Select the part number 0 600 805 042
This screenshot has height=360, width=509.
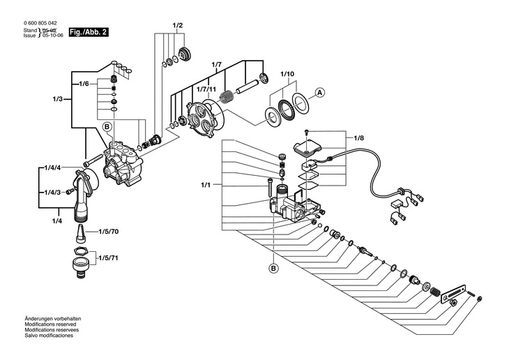(40, 23)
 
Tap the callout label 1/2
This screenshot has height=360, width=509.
(177, 26)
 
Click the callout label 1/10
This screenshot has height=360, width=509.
(287, 73)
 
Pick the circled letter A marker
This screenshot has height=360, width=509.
(319, 92)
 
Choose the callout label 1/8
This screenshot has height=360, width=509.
(359, 138)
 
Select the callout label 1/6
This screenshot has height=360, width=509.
(84, 84)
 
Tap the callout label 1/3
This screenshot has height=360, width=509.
(57, 99)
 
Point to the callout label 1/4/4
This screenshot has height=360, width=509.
(53, 168)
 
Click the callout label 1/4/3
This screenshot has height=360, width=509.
(53, 192)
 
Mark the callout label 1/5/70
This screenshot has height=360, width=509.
(108, 231)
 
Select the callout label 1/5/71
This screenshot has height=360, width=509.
(109, 257)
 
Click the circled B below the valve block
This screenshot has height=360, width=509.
(273, 268)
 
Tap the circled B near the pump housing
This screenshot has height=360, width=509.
(107, 126)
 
